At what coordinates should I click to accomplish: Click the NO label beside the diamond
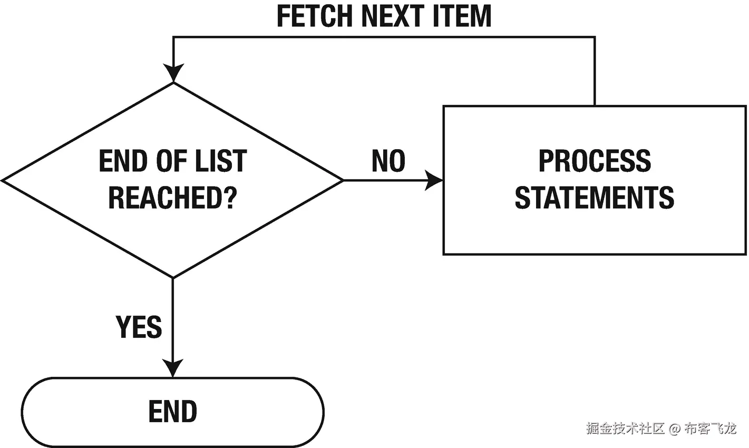tap(388, 161)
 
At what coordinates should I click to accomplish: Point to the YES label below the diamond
tap(139, 327)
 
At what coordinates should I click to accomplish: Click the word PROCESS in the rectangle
tap(595, 161)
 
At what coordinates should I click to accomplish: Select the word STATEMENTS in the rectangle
tap(595, 198)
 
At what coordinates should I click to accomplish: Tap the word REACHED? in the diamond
tap(173, 198)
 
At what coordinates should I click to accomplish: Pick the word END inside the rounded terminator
tap(173, 412)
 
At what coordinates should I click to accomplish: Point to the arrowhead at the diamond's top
tap(173, 73)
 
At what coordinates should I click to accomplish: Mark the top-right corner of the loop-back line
tap(595, 37)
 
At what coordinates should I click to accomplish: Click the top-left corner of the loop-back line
tap(173, 37)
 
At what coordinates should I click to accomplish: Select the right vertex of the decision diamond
tap(344, 181)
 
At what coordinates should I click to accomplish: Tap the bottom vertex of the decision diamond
tap(173, 278)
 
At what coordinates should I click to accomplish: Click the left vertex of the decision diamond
tap(3, 181)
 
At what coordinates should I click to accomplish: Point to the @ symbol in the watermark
tap(675, 429)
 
